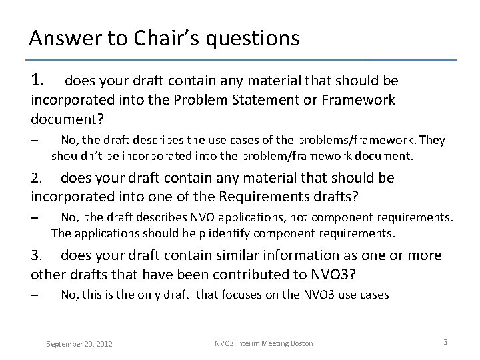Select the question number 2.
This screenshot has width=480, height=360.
[37, 178]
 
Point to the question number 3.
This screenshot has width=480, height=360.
[37, 256]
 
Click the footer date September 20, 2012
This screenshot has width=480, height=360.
[79, 344]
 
